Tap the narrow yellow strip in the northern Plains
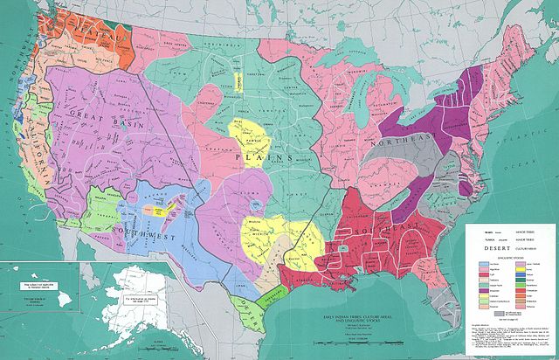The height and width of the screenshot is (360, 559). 236,79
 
